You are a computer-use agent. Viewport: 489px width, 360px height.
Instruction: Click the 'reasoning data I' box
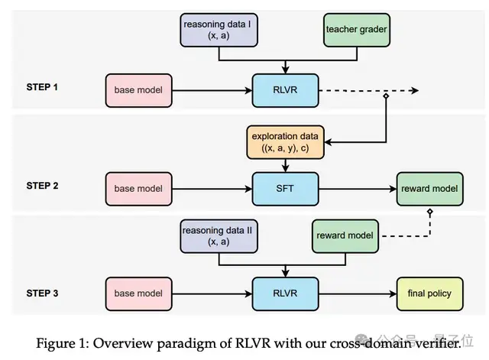tap(219, 31)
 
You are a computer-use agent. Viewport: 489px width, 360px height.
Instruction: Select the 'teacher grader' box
tap(357, 31)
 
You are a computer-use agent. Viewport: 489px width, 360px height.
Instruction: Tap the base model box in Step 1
tap(139, 90)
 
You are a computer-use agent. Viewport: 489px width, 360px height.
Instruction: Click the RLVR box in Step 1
tap(285, 90)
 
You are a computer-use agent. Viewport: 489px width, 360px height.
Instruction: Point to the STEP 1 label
tap(42, 87)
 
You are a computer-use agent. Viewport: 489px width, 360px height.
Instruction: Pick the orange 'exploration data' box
tap(285, 142)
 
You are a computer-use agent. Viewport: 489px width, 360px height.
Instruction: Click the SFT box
tap(285, 189)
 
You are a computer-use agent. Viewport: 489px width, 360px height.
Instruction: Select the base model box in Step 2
tap(139, 189)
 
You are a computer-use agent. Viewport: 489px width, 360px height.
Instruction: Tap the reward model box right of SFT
tap(429, 189)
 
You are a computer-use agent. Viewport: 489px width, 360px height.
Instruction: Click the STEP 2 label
tap(43, 186)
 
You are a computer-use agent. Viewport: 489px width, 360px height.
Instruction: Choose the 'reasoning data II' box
tap(219, 236)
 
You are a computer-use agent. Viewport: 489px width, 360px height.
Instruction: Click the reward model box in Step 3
tap(345, 236)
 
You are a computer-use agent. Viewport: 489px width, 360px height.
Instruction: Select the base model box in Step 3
tap(139, 294)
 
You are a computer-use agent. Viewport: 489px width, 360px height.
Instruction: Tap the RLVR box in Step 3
tap(285, 294)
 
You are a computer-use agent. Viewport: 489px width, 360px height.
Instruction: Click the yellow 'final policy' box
tap(429, 294)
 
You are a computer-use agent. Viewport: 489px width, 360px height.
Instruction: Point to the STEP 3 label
tap(43, 294)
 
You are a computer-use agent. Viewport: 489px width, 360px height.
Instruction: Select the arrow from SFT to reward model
tap(358, 189)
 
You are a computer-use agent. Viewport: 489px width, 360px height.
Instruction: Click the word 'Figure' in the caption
tap(56, 343)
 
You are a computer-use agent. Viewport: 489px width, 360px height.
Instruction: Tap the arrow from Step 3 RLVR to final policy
tap(358, 294)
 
